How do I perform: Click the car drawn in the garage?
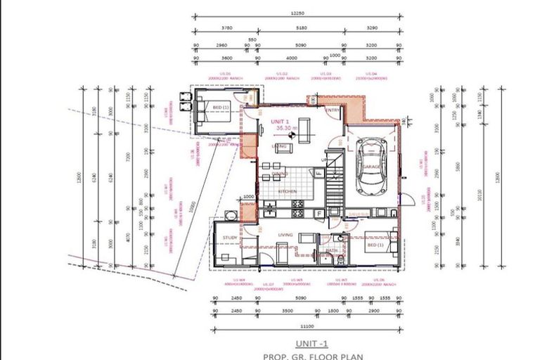click(371, 166)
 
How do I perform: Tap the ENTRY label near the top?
click(333, 110)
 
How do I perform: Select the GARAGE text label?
click(371, 167)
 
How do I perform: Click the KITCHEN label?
click(287, 191)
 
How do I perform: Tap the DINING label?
click(280, 173)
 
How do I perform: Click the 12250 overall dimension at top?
click(298, 13)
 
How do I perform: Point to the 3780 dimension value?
click(226, 28)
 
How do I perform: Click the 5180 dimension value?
click(302, 28)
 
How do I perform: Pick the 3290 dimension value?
click(373, 28)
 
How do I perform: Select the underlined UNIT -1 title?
click(312, 344)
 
